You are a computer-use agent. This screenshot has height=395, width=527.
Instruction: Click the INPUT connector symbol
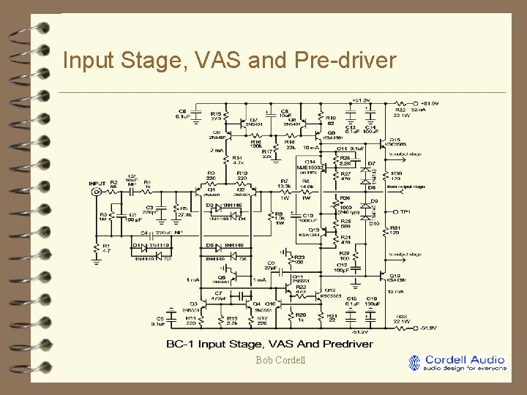pos(96,192)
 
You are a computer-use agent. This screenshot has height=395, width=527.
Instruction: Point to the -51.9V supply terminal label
pos(428,327)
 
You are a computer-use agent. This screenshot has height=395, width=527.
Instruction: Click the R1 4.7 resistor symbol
pos(97,249)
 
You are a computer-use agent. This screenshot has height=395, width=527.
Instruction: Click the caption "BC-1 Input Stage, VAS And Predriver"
pos(270,344)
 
